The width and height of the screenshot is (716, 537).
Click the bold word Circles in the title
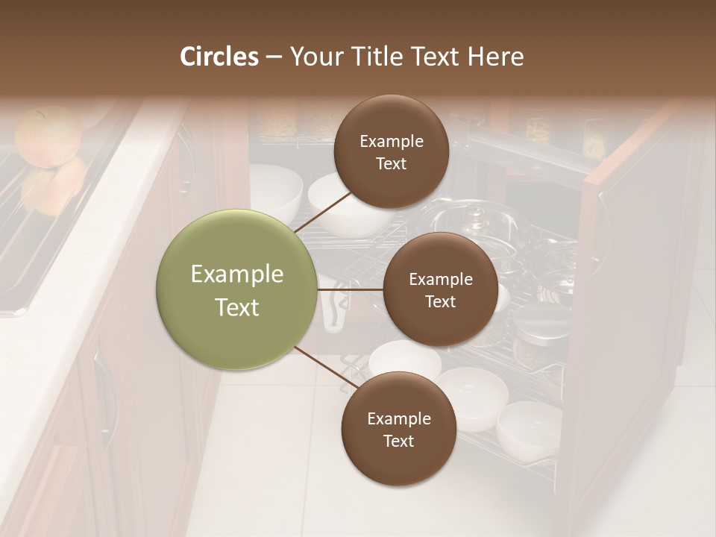click(219, 57)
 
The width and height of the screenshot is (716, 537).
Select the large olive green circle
click(236, 289)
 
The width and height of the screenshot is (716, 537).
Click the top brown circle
click(391, 151)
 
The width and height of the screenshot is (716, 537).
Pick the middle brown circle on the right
click(440, 289)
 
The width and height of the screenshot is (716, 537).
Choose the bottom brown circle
click(398, 429)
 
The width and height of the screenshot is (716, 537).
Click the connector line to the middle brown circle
click(350, 289)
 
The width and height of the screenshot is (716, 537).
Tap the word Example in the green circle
click(236, 274)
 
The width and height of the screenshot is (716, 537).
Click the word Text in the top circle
click(391, 163)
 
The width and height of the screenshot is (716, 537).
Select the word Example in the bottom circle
click(398, 418)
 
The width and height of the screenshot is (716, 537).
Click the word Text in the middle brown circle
click(440, 301)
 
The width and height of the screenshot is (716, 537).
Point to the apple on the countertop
click(48, 136)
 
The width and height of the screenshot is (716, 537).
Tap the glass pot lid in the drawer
click(474, 224)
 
